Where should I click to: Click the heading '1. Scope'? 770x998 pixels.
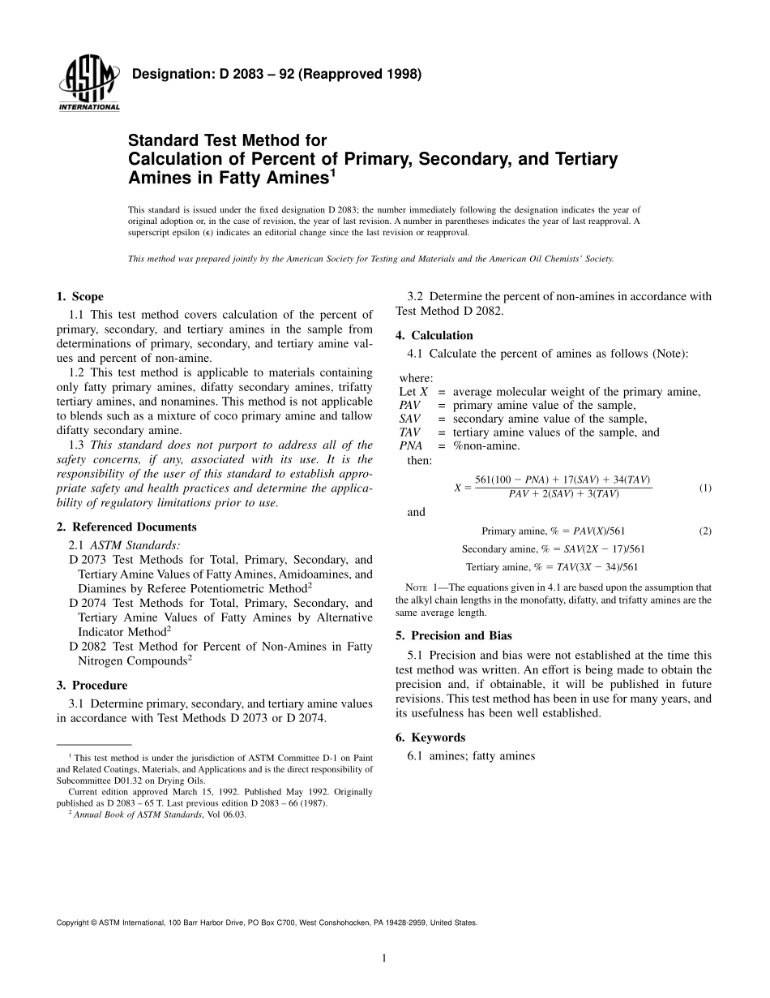(x=80, y=297)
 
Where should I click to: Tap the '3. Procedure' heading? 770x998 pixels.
(x=92, y=686)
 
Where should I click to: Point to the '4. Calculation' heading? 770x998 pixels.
(x=434, y=335)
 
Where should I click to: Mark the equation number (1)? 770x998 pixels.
(x=704, y=488)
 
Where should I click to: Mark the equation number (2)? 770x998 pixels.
(x=704, y=531)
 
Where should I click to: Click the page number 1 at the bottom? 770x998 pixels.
(x=384, y=958)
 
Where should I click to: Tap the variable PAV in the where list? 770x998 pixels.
(x=410, y=405)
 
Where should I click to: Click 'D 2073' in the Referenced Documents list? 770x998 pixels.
(x=87, y=560)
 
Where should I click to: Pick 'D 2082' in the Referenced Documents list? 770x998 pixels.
(x=87, y=647)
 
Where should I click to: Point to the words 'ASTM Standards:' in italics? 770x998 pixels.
(x=135, y=544)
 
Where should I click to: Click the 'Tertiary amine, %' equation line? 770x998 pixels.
(x=551, y=567)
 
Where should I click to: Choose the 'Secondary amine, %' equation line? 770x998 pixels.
(x=553, y=549)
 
